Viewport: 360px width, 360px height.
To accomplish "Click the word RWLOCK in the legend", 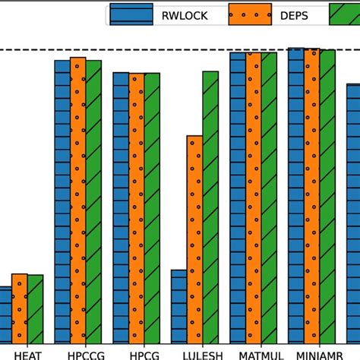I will [179, 14].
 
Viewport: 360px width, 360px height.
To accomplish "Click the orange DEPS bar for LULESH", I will [194, 239].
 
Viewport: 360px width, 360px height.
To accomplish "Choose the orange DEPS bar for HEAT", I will [19, 308].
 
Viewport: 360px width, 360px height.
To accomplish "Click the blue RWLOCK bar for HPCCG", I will [62, 201].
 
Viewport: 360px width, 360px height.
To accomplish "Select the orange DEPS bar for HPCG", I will [136, 208].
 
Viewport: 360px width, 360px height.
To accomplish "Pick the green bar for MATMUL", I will [269, 197].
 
